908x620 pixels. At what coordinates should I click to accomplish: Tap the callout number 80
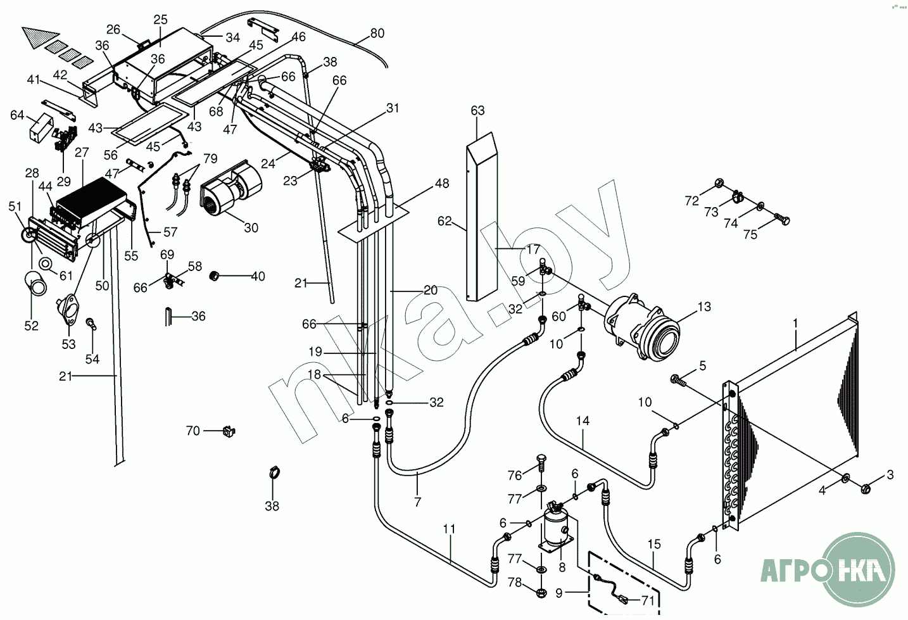point(377,34)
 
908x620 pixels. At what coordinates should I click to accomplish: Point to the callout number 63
point(477,110)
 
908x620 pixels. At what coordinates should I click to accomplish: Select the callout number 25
point(161,20)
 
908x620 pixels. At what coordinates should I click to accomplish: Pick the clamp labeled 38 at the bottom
point(275,473)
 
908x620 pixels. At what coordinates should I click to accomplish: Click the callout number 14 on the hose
point(583,421)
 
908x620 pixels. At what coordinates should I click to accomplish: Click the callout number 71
point(648,600)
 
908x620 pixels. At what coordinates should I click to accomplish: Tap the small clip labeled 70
point(229,433)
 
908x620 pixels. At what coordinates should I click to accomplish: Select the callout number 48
point(442,184)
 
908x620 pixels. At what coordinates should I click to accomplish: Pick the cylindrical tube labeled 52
point(35,284)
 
